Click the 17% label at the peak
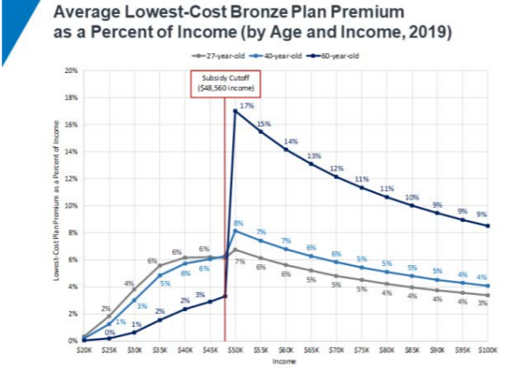click(x=246, y=104)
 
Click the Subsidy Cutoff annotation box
click(x=225, y=82)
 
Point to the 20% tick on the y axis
click(x=72, y=69)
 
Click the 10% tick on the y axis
click(x=72, y=205)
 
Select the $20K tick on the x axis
click(x=83, y=347)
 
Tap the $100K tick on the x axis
click(x=487, y=347)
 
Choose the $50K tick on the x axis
click(x=235, y=347)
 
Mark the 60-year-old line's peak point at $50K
click(x=236, y=110)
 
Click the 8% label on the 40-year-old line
click(x=238, y=223)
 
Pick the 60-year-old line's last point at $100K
click(x=487, y=225)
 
